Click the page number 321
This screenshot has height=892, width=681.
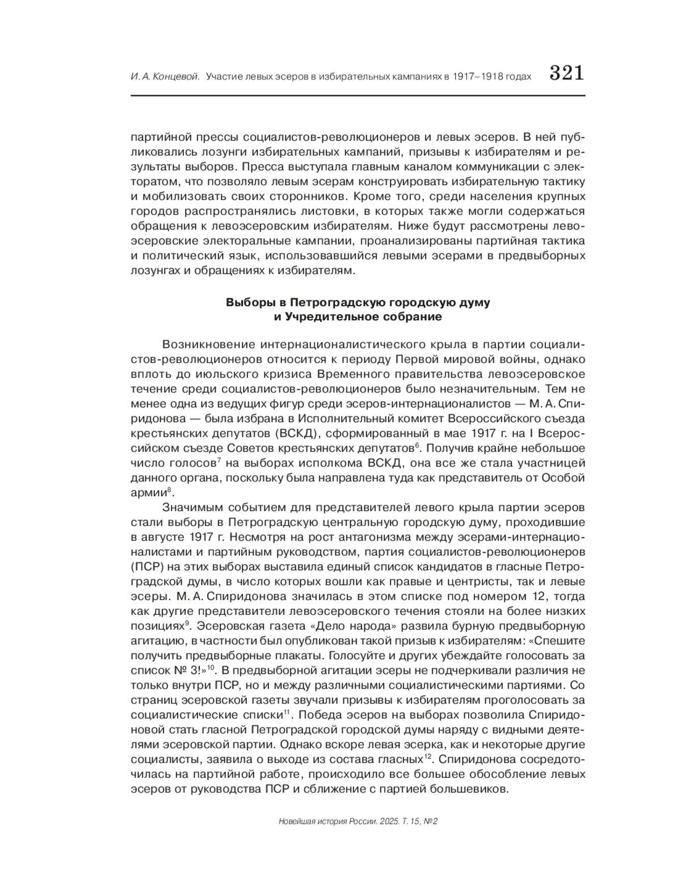566,74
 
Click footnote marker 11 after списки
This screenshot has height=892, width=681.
287,712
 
